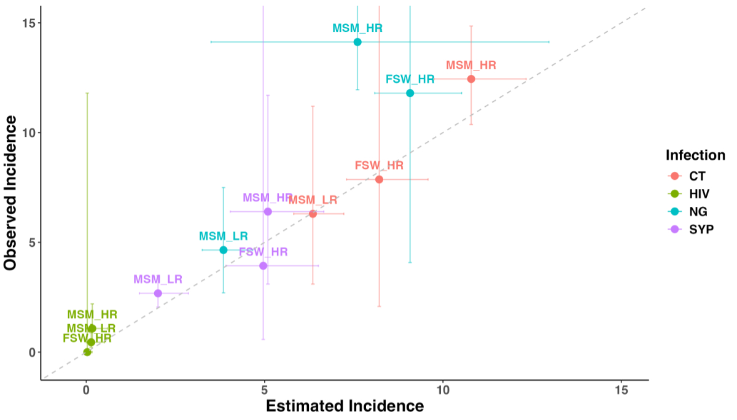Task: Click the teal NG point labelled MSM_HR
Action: click(357, 42)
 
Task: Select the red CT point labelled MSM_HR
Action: click(471, 79)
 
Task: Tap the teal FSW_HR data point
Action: click(410, 93)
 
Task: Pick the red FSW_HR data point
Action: click(379, 179)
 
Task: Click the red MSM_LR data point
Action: click(313, 214)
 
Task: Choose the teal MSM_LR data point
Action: click(224, 250)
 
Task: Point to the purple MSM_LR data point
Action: click(158, 293)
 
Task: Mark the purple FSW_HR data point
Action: click(263, 266)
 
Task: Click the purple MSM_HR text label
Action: click(267, 198)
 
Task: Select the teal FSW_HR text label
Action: click(410, 79)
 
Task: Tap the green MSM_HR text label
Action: click(92, 315)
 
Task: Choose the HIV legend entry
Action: click(698, 194)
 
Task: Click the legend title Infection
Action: click(695, 155)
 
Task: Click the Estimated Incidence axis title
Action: click(345, 406)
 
